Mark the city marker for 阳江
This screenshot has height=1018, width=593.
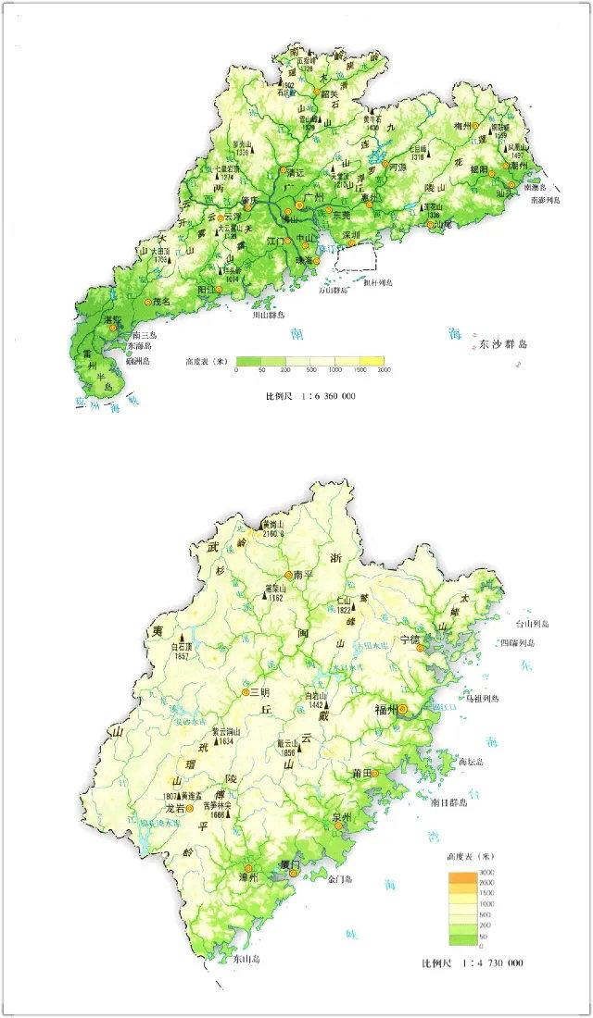221,290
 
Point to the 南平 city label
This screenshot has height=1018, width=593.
306,574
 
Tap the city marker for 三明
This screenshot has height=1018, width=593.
246,692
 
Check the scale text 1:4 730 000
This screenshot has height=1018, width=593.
483,963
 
